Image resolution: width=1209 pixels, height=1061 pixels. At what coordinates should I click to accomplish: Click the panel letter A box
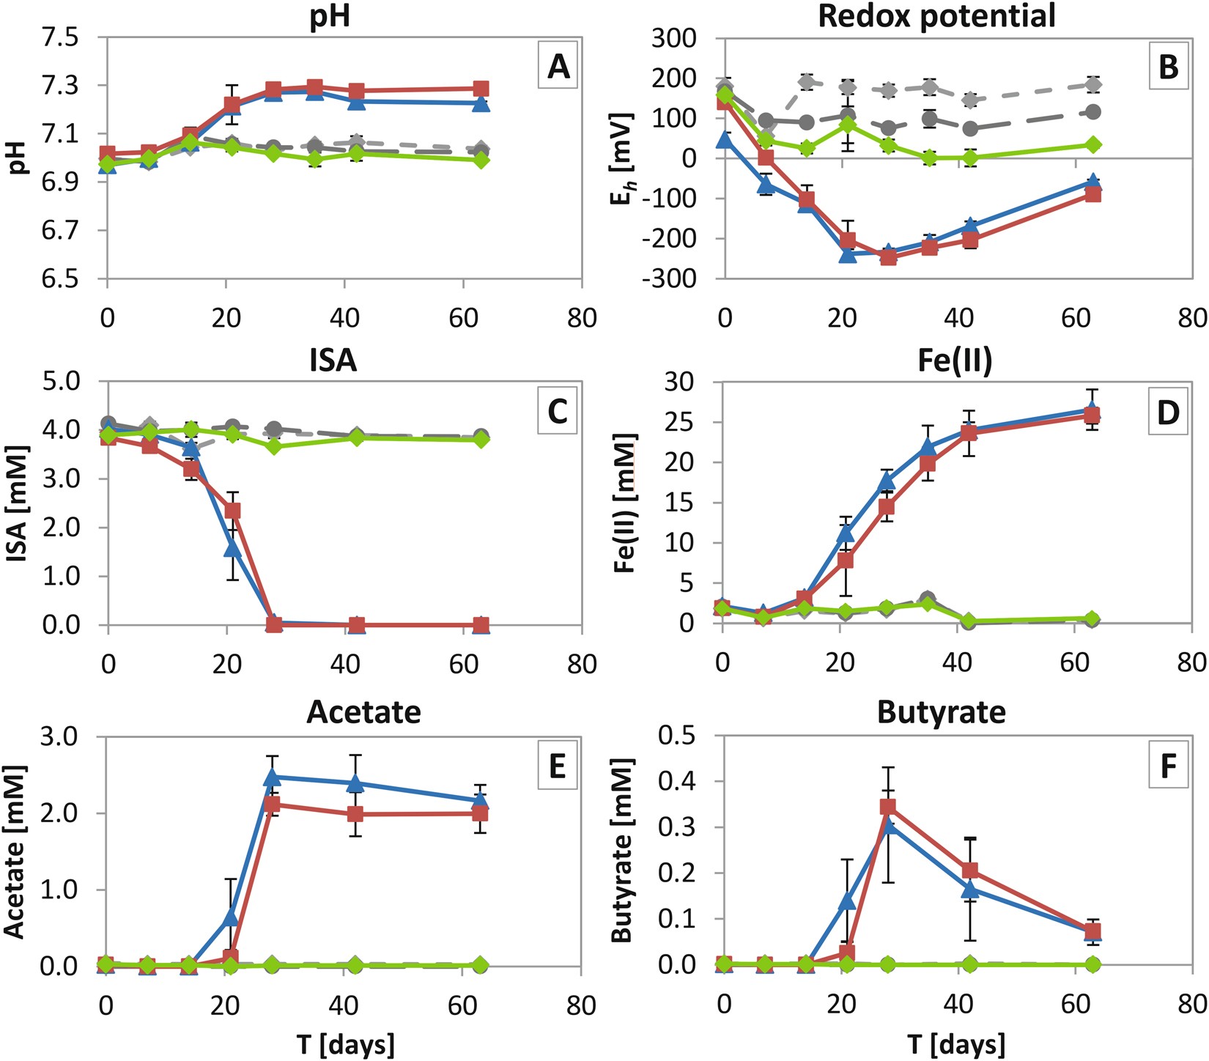click(x=558, y=67)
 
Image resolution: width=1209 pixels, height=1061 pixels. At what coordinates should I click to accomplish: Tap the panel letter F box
click(x=1168, y=766)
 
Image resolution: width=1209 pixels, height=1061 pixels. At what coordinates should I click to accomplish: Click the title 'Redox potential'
click(x=937, y=15)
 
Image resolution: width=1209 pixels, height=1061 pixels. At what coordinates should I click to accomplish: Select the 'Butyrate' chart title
click(x=942, y=712)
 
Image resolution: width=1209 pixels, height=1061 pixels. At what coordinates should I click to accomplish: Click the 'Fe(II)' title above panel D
click(x=955, y=361)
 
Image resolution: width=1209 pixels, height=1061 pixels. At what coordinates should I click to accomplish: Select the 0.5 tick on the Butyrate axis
click(x=677, y=736)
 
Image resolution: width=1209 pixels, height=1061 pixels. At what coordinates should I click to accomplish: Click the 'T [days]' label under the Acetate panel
click(x=345, y=1043)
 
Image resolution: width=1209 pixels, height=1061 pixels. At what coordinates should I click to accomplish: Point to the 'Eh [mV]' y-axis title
click(x=622, y=158)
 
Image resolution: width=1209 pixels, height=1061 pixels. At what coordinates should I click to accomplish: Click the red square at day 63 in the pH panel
click(x=481, y=89)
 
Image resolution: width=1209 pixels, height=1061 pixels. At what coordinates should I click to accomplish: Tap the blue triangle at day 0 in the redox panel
click(x=725, y=139)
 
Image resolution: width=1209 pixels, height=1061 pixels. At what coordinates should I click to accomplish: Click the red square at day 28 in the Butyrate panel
click(x=888, y=807)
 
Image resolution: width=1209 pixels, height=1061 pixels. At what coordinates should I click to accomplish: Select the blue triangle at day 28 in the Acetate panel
click(x=273, y=777)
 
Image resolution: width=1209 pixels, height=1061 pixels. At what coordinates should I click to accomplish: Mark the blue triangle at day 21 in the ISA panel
click(x=232, y=547)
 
